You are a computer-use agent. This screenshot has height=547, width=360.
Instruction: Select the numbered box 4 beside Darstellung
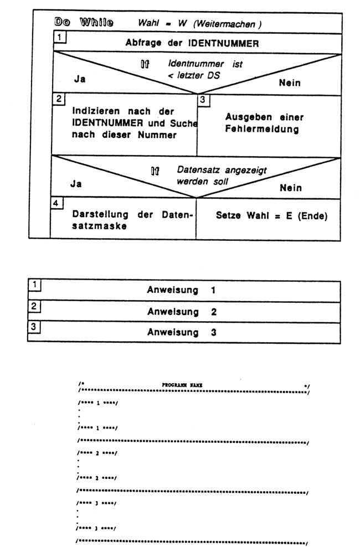click(55, 203)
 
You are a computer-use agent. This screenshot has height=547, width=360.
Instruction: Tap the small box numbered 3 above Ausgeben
click(203, 100)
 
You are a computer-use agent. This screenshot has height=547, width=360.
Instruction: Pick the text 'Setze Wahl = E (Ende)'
click(271, 216)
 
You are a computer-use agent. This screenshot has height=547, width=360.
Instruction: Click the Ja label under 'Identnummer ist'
click(80, 79)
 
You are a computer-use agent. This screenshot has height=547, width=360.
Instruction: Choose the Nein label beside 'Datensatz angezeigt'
click(290, 188)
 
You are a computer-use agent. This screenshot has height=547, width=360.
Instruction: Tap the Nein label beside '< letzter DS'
click(289, 83)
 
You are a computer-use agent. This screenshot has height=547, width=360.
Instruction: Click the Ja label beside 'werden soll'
click(76, 184)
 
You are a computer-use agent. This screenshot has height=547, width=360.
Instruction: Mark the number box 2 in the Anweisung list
click(34, 306)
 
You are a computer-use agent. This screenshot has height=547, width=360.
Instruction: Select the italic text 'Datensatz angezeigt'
click(214, 171)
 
